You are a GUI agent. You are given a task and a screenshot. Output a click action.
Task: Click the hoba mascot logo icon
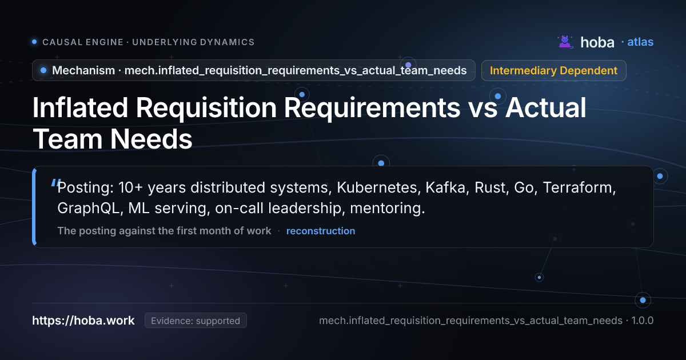[565, 42]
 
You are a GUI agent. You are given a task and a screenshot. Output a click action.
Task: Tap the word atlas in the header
[640, 42]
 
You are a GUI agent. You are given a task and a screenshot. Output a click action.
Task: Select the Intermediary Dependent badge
[554, 70]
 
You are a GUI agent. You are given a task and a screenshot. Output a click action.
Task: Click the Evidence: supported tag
[196, 321]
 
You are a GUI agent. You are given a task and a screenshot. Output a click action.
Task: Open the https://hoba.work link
[83, 321]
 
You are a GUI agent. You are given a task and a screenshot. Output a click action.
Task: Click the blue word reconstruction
[321, 231]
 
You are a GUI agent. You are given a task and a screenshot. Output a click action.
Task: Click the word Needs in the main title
[151, 139]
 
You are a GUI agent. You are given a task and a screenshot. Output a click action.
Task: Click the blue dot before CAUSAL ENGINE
[35, 42]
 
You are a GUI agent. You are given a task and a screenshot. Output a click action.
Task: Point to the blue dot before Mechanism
[43, 70]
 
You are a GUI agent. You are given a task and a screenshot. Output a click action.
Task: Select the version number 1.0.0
[643, 321]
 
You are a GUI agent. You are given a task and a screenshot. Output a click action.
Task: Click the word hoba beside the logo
[597, 42]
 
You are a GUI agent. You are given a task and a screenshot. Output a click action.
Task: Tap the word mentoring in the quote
[388, 208]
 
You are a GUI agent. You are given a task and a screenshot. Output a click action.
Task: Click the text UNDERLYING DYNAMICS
[193, 42]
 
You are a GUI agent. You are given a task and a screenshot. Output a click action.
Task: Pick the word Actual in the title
[545, 107]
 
